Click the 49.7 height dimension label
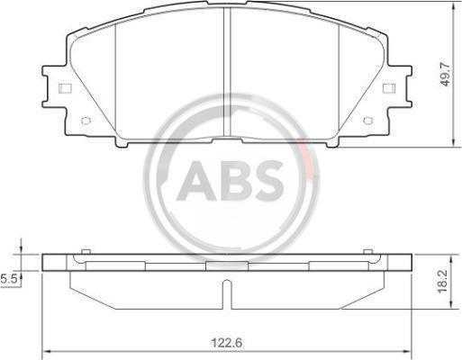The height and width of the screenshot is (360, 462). click(x=446, y=75)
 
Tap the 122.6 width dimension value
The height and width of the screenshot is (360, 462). click(x=227, y=343)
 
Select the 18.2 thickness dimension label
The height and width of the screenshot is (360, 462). click(x=443, y=281)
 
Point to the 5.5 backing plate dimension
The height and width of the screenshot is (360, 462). click(x=8, y=279)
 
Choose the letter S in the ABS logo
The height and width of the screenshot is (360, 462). click(x=268, y=181)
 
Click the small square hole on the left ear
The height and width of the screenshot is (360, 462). click(x=65, y=88)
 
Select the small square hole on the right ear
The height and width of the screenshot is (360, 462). click(x=389, y=88)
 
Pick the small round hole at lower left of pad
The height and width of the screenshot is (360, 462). click(x=86, y=121)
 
